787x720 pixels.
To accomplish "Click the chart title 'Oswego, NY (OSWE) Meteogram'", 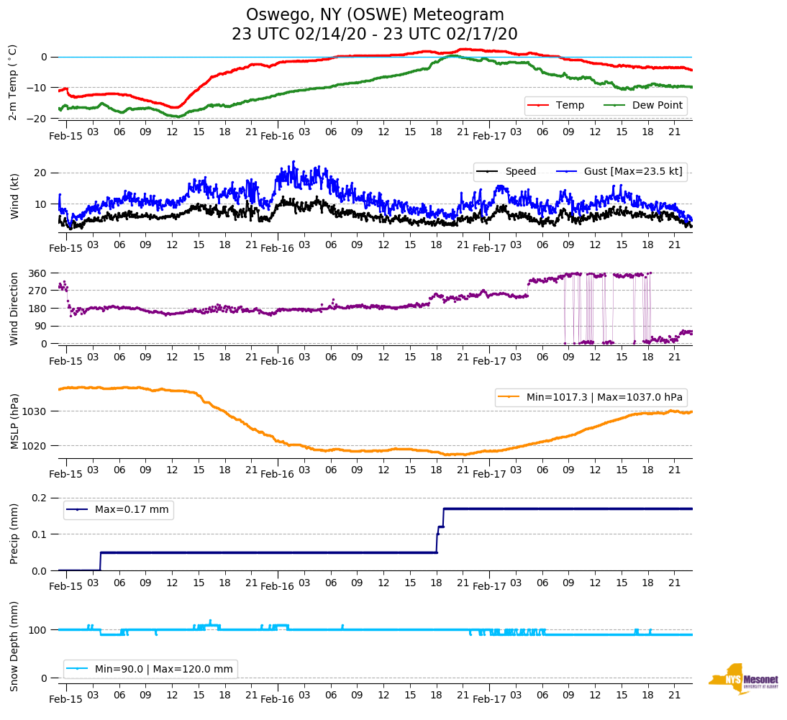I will point(375,15).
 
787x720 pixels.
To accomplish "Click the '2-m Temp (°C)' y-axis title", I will point(13,82).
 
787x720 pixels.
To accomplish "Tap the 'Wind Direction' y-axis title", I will point(14,309).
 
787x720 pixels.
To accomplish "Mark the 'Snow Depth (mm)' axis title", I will point(14,646).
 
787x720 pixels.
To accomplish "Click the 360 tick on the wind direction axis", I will point(38,273).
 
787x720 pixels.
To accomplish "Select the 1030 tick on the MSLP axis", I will point(35,411).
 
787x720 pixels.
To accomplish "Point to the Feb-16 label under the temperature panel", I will point(277,136).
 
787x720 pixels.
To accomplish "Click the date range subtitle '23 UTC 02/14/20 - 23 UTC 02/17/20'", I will point(375,35).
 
